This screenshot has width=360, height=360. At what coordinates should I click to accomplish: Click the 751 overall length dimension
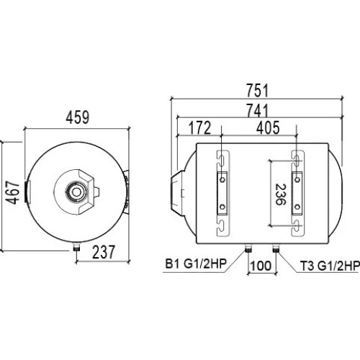257,91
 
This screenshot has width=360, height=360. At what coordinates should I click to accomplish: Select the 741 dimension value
257,110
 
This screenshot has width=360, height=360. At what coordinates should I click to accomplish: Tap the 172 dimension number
199,128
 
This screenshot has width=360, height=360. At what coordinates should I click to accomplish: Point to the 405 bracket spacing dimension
268,128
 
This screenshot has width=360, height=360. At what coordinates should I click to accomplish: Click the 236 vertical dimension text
281,194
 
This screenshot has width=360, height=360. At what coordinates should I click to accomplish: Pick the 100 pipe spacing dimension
261,266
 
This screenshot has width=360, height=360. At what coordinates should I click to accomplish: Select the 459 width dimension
78,117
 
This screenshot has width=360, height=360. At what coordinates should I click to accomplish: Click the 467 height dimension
12,193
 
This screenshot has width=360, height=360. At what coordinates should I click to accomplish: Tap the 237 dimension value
104,252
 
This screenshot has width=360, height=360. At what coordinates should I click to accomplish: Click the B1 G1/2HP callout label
196,264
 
